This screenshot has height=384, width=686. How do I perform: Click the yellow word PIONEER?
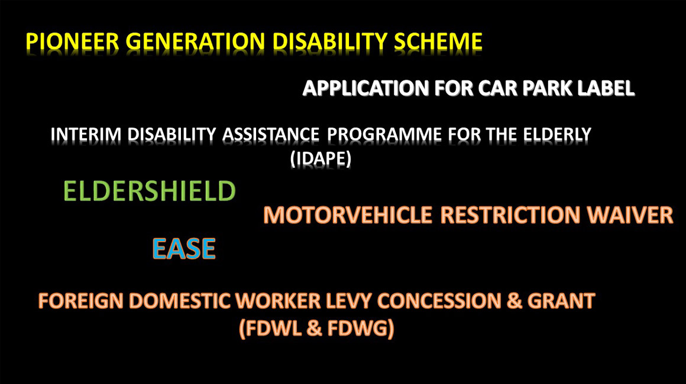pyautogui.click(x=73, y=42)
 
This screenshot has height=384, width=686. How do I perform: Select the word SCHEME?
pyautogui.click(x=438, y=42)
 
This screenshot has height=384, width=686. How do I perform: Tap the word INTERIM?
pyautogui.click(x=86, y=135)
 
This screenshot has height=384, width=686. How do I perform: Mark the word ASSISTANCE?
pyautogui.click(x=271, y=135)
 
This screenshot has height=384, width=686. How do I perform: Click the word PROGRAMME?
pyautogui.click(x=384, y=135)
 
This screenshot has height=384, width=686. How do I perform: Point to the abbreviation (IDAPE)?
pyautogui.click(x=321, y=158)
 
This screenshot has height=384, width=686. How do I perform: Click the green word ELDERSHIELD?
pyautogui.click(x=150, y=191)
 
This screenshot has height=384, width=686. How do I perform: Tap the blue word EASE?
pyautogui.click(x=184, y=249)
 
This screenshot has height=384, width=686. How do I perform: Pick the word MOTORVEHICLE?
pyautogui.click(x=348, y=215)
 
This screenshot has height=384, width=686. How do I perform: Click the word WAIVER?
pyautogui.click(x=630, y=215)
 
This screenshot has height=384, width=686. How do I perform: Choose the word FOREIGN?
pyautogui.click(x=81, y=301)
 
